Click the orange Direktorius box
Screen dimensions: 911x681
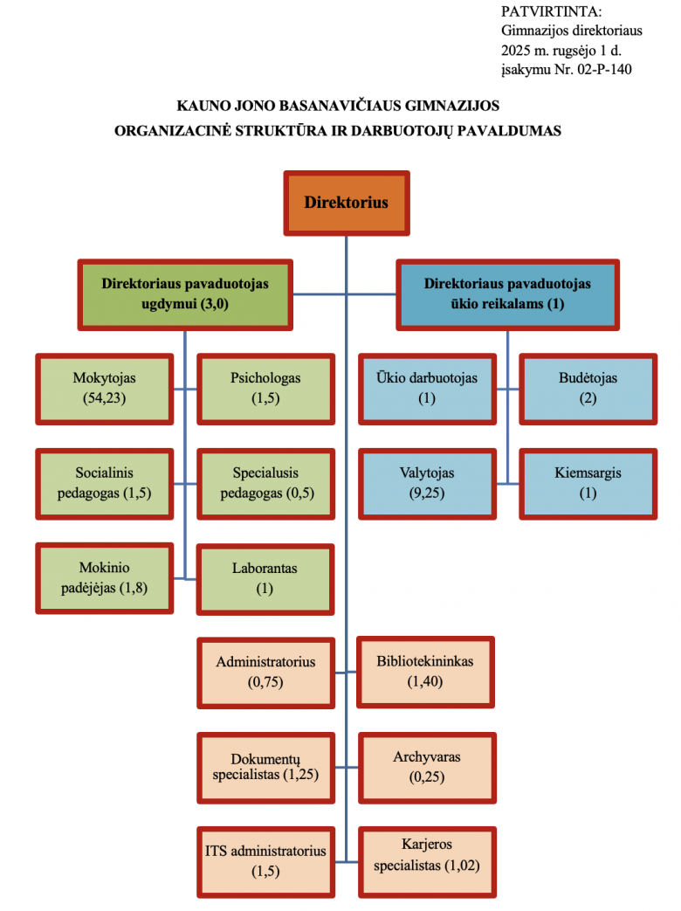click(x=347, y=203)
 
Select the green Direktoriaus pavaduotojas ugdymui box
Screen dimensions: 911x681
click(x=185, y=294)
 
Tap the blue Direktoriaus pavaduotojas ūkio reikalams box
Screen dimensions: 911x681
click(x=507, y=294)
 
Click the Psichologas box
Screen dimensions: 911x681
click(x=265, y=389)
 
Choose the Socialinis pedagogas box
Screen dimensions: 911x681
click(x=104, y=483)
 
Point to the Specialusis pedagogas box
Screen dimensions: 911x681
click(x=265, y=483)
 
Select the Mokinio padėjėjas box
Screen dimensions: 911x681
click(x=104, y=577)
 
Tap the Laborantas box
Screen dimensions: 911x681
click(x=265, y=578)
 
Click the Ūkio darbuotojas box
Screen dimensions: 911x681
click(x=427, y=389)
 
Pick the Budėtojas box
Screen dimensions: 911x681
click(x=588, y=389)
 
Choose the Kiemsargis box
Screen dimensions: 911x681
click(x=588, y=483)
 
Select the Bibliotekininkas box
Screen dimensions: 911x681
click(x=426, y=672)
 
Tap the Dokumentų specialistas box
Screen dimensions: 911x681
click(x=265, y=766)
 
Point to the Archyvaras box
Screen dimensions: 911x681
click(x=426, y=766)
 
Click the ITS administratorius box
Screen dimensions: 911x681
click(x=265, y=860)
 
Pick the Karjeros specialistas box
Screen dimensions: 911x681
click(x=426, y=860)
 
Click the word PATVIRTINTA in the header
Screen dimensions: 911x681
click(x=552, y=11)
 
